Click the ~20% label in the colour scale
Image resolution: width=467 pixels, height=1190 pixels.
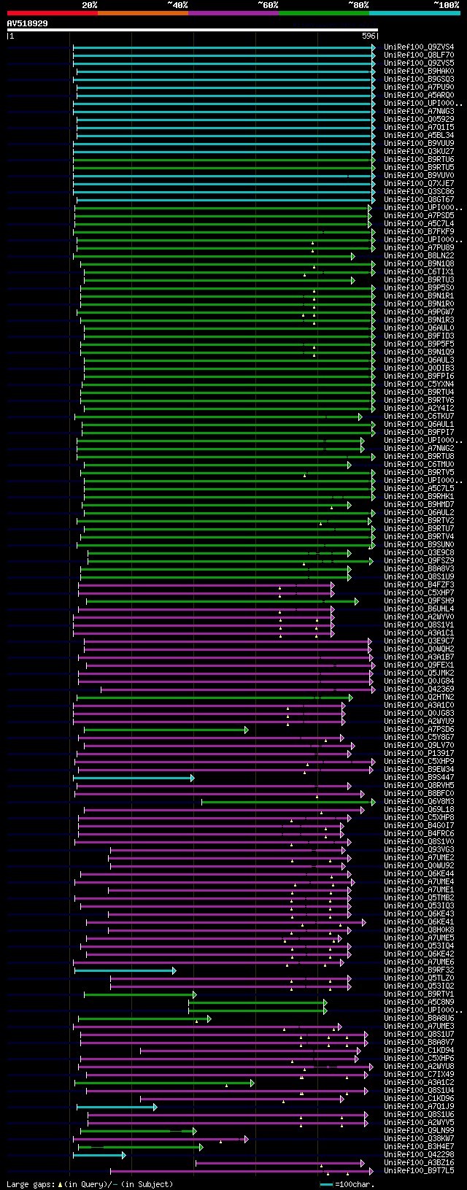point(89,5)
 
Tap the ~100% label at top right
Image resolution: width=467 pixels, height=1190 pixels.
point(446,5)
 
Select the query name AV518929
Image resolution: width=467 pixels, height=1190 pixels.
point(28,23)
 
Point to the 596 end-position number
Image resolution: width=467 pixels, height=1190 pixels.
point(368,36)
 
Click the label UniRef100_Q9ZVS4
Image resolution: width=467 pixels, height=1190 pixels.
point(419,47)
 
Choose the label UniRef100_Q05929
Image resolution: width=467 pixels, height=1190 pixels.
point(419,120)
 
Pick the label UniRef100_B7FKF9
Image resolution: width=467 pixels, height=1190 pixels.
point(419,232)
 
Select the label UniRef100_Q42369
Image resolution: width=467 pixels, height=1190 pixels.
point(419,689)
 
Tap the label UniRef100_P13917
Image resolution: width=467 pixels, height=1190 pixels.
point(419,754)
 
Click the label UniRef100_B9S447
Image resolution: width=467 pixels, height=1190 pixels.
point(419,778)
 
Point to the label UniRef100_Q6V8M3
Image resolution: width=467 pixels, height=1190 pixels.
point(419,802)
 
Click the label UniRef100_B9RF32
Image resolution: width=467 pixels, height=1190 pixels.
point(419,970)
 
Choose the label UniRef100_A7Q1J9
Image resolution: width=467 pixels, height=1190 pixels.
point(419,1107)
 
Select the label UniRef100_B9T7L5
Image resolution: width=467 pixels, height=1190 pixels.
point(419,1171)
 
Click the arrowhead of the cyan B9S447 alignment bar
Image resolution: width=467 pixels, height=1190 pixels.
point(193,778)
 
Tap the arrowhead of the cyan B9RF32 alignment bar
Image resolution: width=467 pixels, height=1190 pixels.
point(174,970)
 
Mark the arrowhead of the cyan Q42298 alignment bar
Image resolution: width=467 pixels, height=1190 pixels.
point(123,1155)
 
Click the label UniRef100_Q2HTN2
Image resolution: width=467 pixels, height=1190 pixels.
point(419,698)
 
